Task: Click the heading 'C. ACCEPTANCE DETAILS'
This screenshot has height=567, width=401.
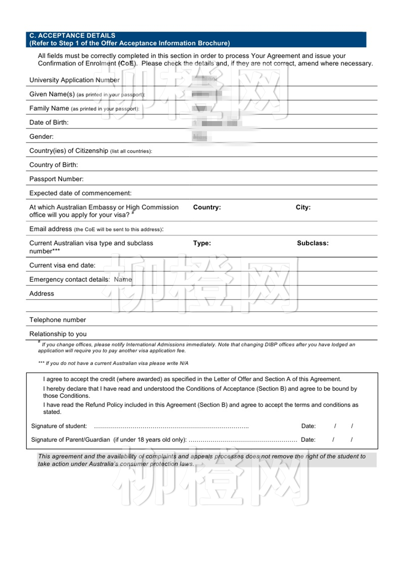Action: point(72,36)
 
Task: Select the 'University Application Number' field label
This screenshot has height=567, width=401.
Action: point(74,80)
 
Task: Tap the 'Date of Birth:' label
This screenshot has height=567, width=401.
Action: point(49,123)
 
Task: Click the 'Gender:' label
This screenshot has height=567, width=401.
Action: point(42,137)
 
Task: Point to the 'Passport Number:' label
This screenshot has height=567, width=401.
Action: point(56,179)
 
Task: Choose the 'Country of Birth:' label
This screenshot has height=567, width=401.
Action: point(54,165)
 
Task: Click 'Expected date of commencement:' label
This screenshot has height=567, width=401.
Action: point(80,193)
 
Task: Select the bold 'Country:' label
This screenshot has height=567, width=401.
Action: point(207,207)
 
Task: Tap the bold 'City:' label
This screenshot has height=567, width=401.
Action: point(303,207)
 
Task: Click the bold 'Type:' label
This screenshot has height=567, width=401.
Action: point(202,243)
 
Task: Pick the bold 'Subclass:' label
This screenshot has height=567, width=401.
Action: point(313,243)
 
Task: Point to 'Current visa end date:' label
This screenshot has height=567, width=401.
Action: point(62,265)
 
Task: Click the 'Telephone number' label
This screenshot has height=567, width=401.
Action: point(58,320)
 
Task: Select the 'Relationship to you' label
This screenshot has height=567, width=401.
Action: point(58,334)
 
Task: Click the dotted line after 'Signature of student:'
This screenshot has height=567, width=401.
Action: point(171,427)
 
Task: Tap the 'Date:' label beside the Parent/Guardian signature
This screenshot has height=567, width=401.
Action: point(308,440)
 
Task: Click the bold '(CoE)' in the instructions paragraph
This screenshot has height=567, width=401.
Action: point(127,64)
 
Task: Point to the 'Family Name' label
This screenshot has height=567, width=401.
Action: point(49,108)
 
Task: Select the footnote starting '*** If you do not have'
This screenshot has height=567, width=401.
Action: point(113,363)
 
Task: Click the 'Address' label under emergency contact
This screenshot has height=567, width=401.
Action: point(42,294)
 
